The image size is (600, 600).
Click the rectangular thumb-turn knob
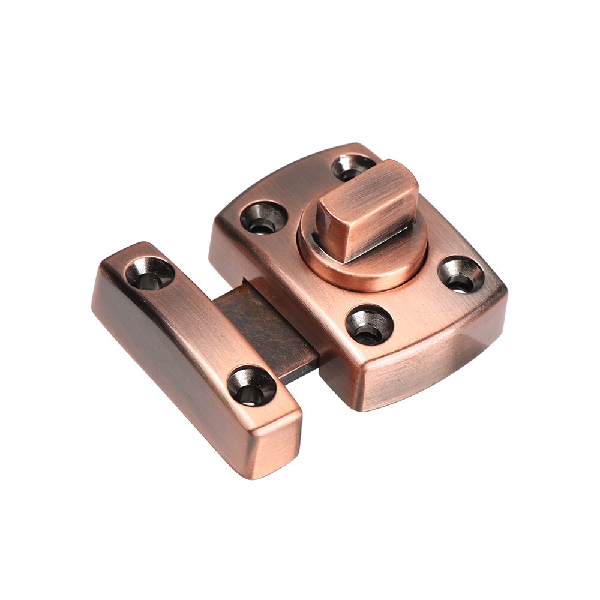[x=366, y=210]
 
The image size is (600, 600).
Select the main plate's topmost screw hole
[x=353, y=166]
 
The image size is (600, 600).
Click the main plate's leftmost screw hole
[x=263, y=217]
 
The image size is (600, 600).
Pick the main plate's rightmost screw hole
[x=461, y=275]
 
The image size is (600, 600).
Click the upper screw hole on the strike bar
[x=149, y=273]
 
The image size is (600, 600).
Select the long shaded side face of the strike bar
[x=174, y=372]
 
